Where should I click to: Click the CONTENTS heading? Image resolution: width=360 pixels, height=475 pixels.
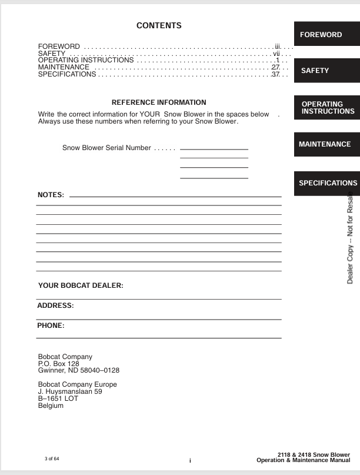(x=159, y=25)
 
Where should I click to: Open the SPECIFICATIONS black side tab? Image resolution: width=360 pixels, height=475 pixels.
(x=327, y=183)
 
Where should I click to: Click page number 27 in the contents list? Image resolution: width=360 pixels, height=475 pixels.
(x=275, y=67)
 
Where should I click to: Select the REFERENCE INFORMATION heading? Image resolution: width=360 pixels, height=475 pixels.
(x=159, y=102)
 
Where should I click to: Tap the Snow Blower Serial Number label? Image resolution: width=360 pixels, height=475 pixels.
(x=106, y=148)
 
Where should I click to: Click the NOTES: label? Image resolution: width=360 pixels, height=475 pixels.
(x=51, y=195)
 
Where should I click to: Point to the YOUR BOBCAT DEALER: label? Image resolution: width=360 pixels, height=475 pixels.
(x=81, y=285)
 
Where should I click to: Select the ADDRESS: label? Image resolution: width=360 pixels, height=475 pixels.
(x=55, y=305)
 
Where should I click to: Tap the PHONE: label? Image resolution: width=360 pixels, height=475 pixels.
(x=51, y=325)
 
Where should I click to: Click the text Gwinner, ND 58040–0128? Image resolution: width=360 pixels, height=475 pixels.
(x=78, y=370)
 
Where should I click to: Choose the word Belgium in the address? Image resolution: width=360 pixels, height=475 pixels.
(x=51, y=406)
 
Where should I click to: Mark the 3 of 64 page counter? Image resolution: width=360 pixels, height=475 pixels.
(x=52, y=458)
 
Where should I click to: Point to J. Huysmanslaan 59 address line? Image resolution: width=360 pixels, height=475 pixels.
(x=70, y=391)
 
